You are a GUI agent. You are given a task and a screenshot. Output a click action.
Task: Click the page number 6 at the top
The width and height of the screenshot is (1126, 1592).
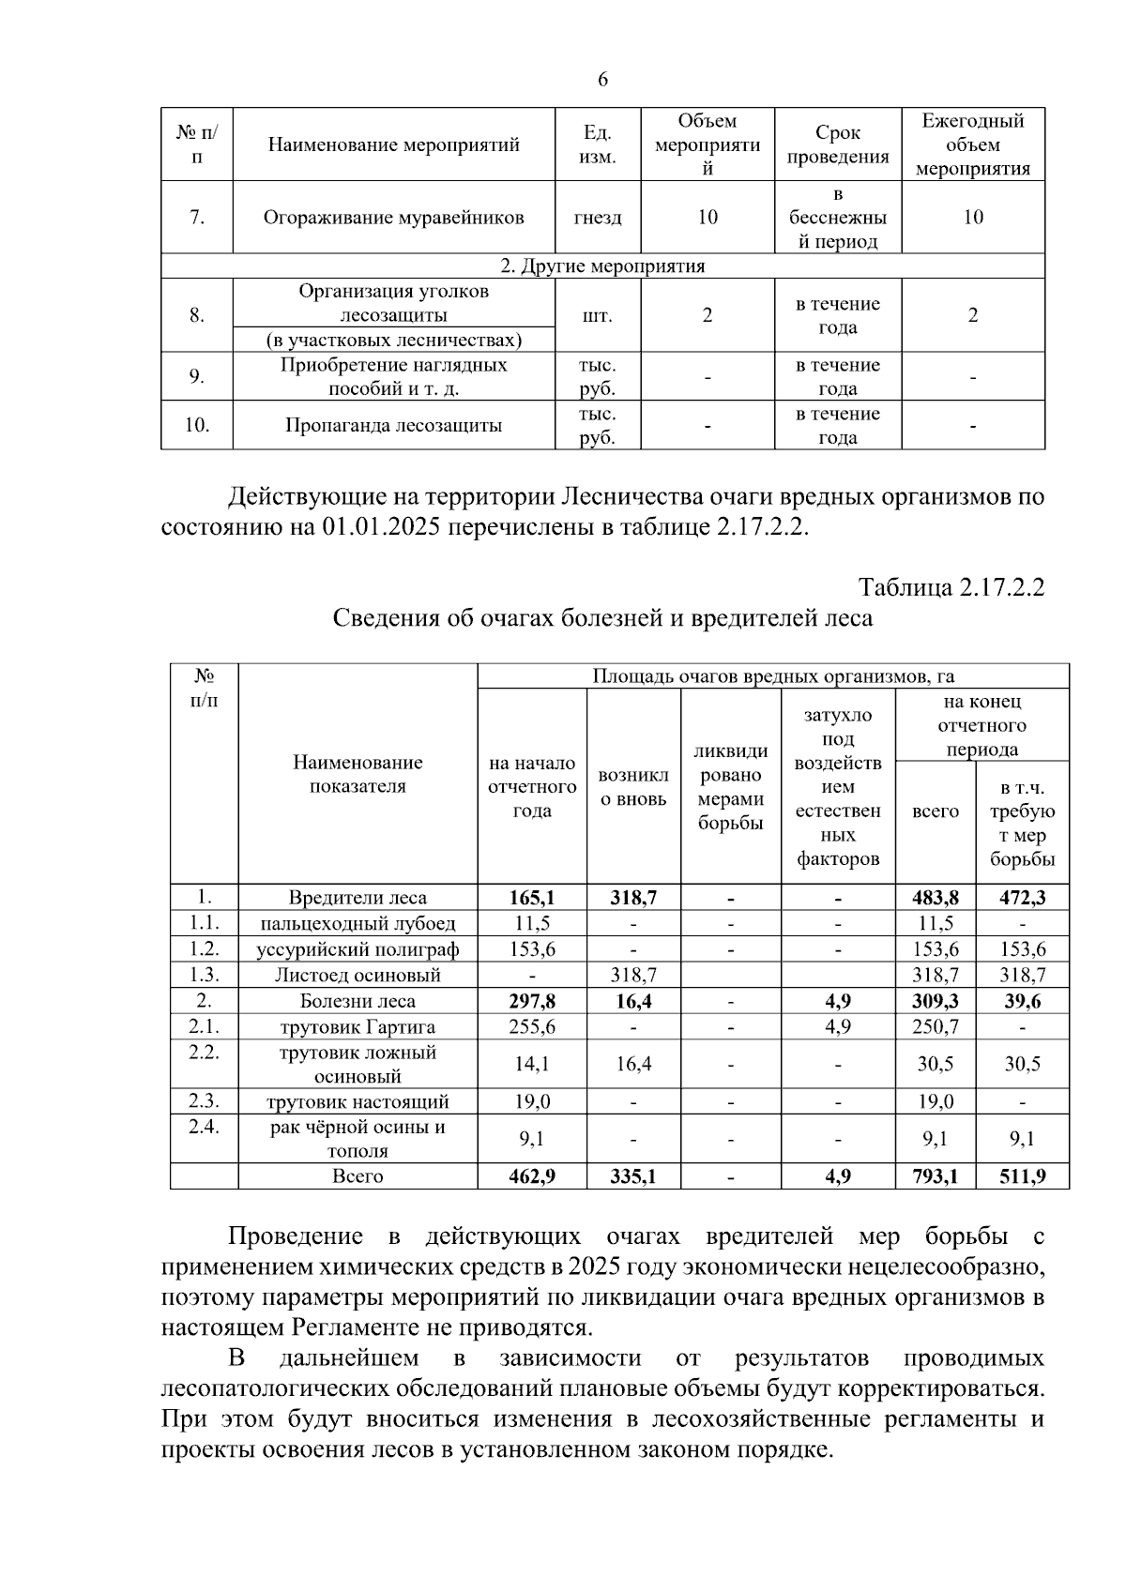[x=602, y=81]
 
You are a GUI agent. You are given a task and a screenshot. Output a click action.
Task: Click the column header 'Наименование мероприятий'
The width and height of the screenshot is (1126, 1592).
[x=393, y=145]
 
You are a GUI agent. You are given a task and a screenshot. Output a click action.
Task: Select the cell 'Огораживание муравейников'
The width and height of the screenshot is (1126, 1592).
[x=393, y=218]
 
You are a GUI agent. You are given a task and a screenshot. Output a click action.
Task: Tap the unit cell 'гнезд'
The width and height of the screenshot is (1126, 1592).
[x=597, y=218]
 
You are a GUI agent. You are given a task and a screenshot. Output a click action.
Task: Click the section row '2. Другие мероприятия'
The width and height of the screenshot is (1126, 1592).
[x=601, y=266]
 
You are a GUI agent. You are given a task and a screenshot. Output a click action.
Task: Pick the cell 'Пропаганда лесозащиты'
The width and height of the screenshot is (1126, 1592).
[x=393, y=426]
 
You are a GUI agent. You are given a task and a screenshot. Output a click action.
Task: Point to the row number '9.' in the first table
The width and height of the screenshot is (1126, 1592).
[x=196, y=377]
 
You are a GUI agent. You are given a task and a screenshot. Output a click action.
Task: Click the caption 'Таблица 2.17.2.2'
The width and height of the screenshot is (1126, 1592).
[x=951, y=588]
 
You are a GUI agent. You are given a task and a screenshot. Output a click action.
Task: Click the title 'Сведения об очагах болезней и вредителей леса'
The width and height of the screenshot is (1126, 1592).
[x=602, y=618]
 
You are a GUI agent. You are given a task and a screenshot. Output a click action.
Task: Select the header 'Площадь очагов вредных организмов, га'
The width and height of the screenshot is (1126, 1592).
[x=773, y=676]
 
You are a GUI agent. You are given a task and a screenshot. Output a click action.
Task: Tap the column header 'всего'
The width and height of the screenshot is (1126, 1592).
[x=935, y=811]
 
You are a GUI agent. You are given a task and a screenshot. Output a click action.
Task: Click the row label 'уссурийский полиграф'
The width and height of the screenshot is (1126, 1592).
[x=358, y=949]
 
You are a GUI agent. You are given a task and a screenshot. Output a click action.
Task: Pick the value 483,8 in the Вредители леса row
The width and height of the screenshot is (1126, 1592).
[x=935, y=898]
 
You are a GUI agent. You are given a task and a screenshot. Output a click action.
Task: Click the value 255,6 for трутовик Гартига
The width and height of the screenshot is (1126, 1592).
[x=532, y=1027]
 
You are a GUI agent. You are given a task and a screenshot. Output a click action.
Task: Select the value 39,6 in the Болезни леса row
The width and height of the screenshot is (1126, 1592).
[x=1022, y=1002]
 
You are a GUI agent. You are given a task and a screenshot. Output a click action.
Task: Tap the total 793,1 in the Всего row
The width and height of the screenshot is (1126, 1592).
[x=935, y=1176]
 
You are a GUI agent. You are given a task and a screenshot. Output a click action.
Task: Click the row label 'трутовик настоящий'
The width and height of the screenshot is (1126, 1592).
[x=358, y=1102]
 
